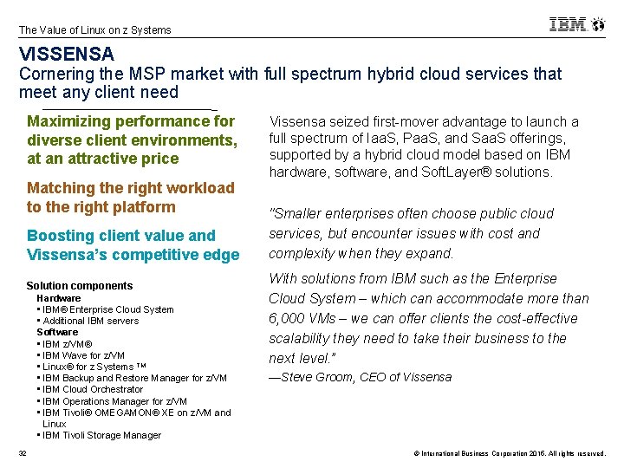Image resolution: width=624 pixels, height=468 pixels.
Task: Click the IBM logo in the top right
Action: (x=576, y=24)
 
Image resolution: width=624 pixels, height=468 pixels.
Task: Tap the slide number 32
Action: (x=23, y=453)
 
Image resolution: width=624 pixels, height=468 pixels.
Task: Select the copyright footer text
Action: (x=509, y=454)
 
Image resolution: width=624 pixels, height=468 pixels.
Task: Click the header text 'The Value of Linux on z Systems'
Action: (x=95, y=30)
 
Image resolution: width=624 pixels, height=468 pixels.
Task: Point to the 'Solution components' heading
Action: (x=80, y=286)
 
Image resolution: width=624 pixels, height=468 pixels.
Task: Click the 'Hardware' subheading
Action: (x=59, y=298)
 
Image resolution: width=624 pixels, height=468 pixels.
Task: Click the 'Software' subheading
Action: (x=57, y=332)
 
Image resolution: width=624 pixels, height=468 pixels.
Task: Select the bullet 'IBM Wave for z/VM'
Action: (x=83, y=355)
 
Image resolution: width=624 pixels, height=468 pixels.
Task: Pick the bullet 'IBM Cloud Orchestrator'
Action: (x=93, y=389)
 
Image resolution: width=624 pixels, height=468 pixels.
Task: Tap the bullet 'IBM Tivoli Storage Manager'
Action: (x=101, y=435)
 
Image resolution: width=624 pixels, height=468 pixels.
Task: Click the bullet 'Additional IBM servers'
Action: (x=90, y=321)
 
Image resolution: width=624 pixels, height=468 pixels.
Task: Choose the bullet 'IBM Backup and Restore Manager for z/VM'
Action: (x=134, y=378)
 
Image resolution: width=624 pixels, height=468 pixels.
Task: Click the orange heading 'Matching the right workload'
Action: (x=131, y=188)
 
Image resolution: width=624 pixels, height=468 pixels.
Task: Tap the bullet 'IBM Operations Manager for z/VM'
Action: (x=114, y=401)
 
